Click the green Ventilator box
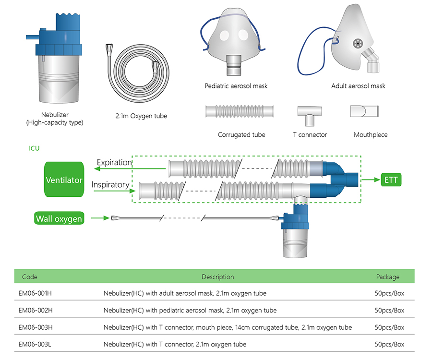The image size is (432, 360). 64,180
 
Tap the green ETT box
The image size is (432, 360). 391,180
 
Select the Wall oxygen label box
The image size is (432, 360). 59,218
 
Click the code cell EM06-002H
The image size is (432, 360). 36,310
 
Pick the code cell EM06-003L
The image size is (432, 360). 35,344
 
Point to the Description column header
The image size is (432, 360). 217,277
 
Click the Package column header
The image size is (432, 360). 388,277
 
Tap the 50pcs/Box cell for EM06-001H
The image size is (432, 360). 389,293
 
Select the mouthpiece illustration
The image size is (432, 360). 364,111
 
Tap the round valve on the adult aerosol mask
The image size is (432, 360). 358,44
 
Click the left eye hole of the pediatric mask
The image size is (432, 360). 224,36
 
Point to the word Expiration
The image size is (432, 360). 114,163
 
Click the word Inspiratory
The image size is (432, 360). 110,184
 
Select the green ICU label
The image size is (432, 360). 34,148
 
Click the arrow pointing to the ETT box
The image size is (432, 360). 371,180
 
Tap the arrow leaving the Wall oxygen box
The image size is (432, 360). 100,218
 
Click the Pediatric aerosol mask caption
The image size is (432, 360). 236,86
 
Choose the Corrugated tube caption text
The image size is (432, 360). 241,135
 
